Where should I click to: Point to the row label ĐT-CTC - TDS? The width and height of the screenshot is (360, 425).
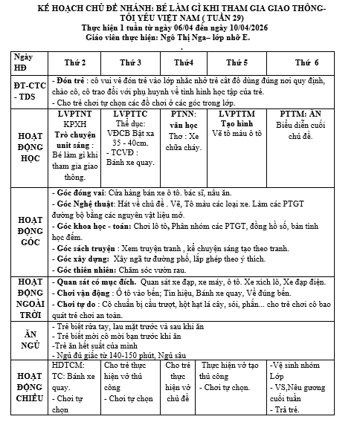pyautogui.click(x=28, y=90)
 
